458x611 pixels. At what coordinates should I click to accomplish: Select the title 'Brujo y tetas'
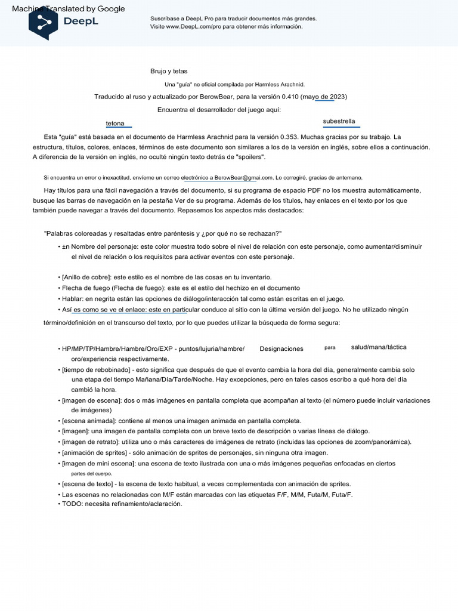coord(169,72)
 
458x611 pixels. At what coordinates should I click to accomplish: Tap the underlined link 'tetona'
coord(115,124)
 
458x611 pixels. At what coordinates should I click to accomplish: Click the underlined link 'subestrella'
coord(339,122)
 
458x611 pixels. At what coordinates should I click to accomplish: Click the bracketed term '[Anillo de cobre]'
coord(86,277)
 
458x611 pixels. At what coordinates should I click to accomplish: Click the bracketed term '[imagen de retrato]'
coord(90,442)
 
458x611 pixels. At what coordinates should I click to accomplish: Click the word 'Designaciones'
coord(281,349)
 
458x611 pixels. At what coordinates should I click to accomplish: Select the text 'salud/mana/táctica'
coord(379,347)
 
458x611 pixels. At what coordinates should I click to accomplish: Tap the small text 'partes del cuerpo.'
coord(91,474)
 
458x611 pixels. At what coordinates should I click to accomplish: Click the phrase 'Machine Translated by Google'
coord(69,9)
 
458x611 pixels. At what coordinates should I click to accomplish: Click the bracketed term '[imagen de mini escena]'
coord(98,464)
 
